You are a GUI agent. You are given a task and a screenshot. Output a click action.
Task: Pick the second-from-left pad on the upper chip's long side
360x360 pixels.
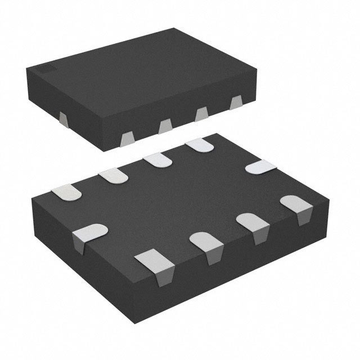point(165,127)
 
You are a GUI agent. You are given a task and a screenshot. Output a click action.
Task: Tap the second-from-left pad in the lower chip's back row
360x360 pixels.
point(115,175)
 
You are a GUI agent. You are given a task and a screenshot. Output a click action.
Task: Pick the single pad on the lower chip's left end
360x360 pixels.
point(90,233)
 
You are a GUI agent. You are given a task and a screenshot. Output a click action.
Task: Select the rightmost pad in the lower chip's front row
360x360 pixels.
point(296,205)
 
